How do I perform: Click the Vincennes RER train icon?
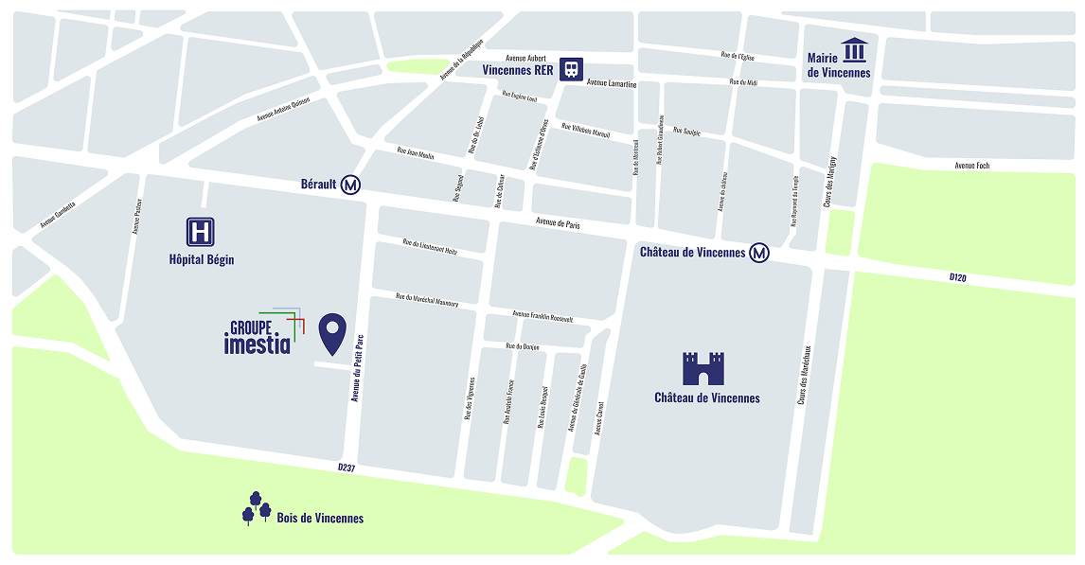pos(571,69)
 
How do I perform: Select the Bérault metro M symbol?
pos(350,185)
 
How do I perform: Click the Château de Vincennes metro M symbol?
pos(759,253)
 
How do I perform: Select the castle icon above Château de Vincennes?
pos(703,368)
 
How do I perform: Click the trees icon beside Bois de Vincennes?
pos(256,508)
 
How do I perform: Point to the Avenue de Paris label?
pos(559,223)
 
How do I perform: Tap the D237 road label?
pos(346,468)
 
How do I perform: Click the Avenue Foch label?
pos(971,166)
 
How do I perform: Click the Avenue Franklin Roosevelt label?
pos(542,315)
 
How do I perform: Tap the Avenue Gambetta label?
pos(58,214)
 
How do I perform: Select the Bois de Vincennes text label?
pos(320,519)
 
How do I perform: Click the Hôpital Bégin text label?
pos(201,259)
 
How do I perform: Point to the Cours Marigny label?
pos(829,182)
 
